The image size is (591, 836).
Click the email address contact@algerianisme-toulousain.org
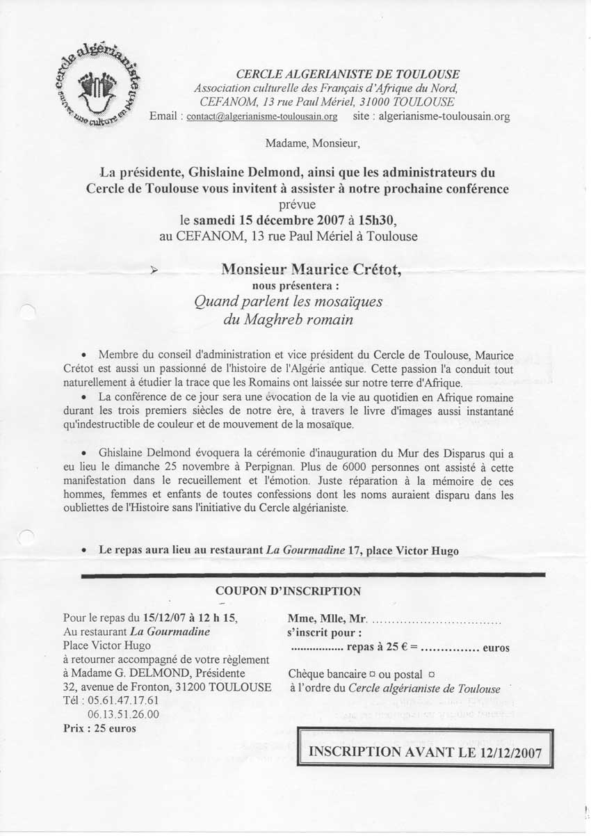(262, 117)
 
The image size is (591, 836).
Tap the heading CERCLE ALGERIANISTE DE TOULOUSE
(348, 74)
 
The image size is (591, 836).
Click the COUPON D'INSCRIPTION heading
(289, 591)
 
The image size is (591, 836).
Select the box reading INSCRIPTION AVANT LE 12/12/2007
(426, 752)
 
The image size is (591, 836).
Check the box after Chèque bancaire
(373, 673)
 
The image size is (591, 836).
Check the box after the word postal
(431, 673)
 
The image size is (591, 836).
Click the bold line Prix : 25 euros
(99, 728)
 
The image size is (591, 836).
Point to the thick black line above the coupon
(313, 575)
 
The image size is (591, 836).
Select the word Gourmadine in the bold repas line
(306, 549)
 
